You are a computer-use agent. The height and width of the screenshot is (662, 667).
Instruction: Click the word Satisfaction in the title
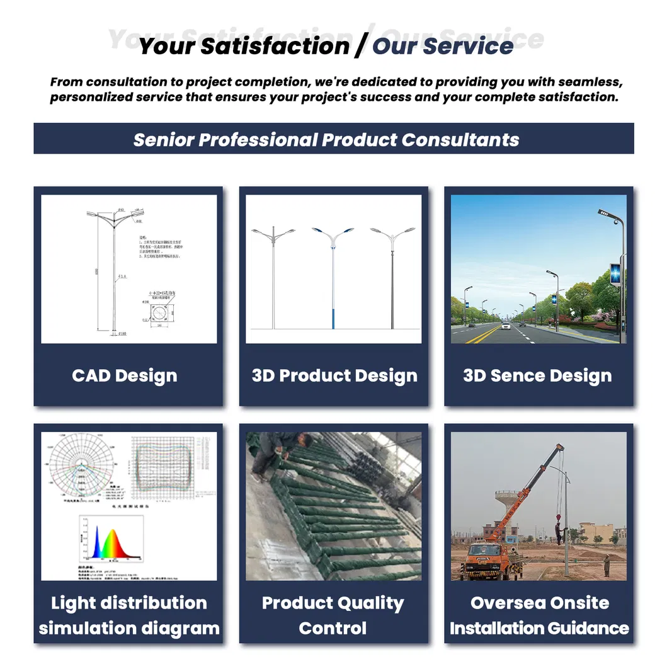[x=296, y=46]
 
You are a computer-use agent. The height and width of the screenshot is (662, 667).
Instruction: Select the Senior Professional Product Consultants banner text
[x=326, y=139]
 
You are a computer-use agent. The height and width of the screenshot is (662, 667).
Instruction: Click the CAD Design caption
[x=125, y=376]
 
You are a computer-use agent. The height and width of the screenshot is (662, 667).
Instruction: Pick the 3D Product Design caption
[x=334, y=376]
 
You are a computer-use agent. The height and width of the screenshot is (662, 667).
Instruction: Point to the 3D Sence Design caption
[x=537, y=376]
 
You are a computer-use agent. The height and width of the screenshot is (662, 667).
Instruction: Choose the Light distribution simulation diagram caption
[x=129, y=615]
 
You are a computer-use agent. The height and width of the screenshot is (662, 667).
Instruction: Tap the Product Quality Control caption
[x=333, y=615]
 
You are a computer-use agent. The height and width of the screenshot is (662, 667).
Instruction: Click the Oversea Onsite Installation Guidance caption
[x=539, y=615]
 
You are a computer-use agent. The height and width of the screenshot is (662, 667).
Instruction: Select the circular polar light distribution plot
[x=82, y=464]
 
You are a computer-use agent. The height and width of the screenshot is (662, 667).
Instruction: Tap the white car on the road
[x=505, y=326]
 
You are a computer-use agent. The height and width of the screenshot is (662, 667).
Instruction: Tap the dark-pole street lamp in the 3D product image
[x=392, y=277]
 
